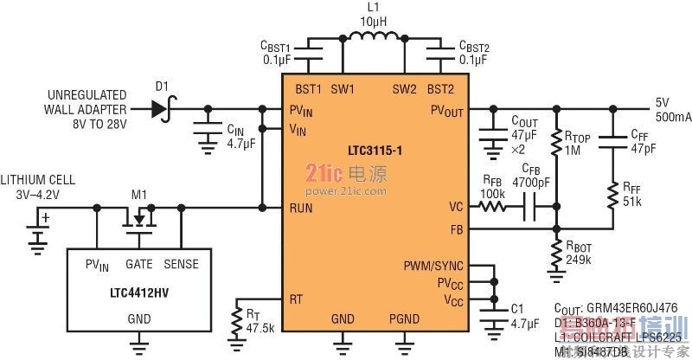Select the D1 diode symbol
[158, 109]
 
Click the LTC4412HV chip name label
[136, 285]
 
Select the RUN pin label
[302, 208]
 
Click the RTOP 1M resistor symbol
[554, 143]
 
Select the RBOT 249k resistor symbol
[554, 252]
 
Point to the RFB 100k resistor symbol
[494, 208]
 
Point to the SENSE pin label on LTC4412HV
[182, 260]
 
